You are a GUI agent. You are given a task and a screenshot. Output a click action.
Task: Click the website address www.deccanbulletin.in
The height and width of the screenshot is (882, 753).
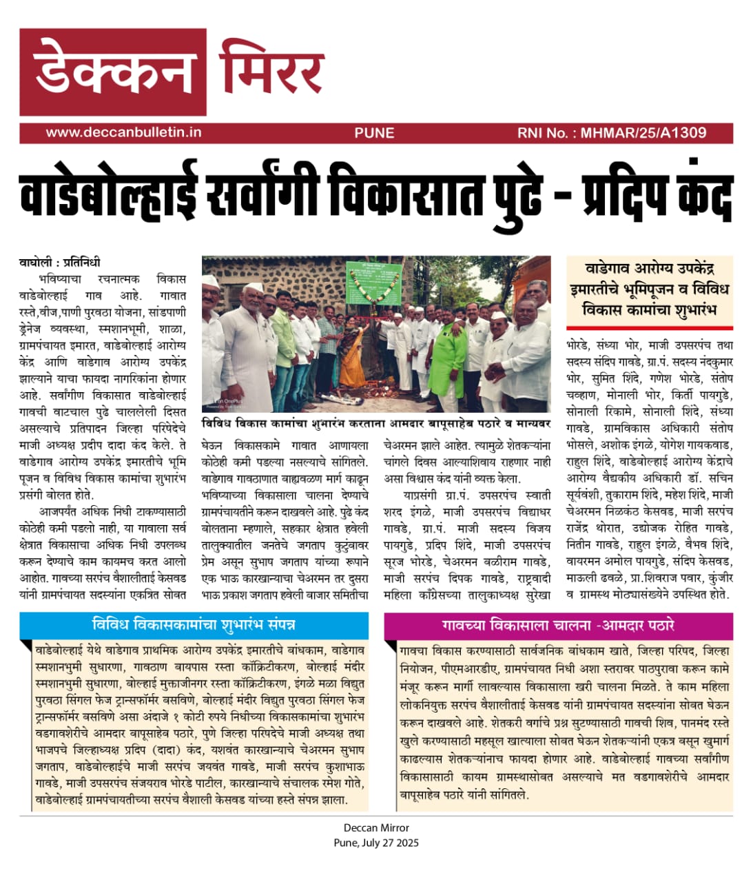[124, 132]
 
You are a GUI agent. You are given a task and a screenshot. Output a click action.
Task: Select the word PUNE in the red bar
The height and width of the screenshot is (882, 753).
[374, 133]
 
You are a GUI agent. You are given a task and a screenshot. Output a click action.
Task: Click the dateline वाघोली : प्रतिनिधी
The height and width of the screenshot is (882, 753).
[59, 262]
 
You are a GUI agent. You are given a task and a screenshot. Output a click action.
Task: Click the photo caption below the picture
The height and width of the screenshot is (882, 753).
[375, 423]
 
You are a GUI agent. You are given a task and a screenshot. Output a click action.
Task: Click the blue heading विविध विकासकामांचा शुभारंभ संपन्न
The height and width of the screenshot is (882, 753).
[194, 625]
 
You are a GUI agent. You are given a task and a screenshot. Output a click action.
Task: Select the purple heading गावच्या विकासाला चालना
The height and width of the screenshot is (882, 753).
[558, 626]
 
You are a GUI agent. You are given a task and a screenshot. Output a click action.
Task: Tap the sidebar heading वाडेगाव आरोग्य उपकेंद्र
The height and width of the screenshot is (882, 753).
[649, 289]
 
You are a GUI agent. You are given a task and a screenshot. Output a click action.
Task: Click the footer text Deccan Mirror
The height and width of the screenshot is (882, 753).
[376, 828]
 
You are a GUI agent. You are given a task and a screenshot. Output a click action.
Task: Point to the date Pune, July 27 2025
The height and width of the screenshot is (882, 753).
[376, 843]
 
